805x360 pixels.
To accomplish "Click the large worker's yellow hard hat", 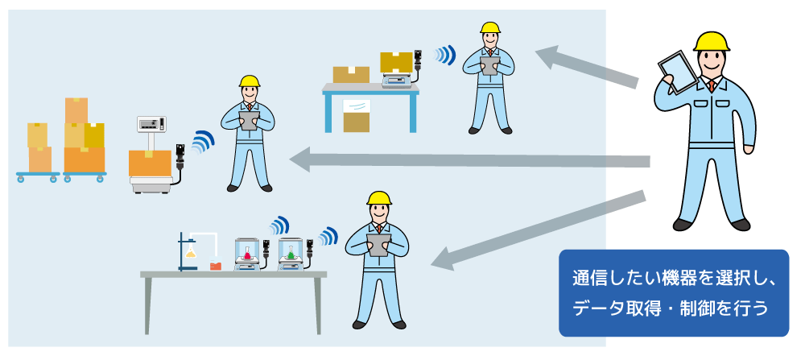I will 711,41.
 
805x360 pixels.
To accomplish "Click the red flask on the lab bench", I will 215,264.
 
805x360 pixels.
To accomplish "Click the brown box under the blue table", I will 356,122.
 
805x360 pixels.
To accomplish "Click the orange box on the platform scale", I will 150,163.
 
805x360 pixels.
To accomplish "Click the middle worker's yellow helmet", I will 250,81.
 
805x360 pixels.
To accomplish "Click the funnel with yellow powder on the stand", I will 192,253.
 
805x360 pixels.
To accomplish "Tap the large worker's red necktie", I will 712,86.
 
